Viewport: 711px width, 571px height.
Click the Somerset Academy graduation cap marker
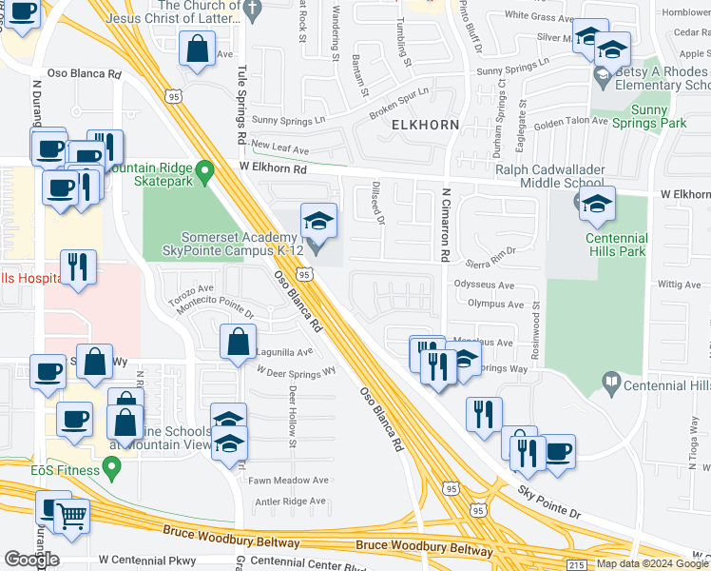[318, 222]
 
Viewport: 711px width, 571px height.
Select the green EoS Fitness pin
[113, 468]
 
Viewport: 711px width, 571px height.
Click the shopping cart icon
[71, 517]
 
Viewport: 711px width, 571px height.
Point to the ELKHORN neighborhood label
[422, 125]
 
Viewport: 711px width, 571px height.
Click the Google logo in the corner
[31, 560]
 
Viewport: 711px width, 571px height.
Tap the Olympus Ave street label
[489, 305]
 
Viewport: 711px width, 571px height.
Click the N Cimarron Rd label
[444, 225]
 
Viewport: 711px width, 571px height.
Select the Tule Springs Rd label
[241, 111]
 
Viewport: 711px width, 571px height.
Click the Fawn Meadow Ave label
[288, 481]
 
